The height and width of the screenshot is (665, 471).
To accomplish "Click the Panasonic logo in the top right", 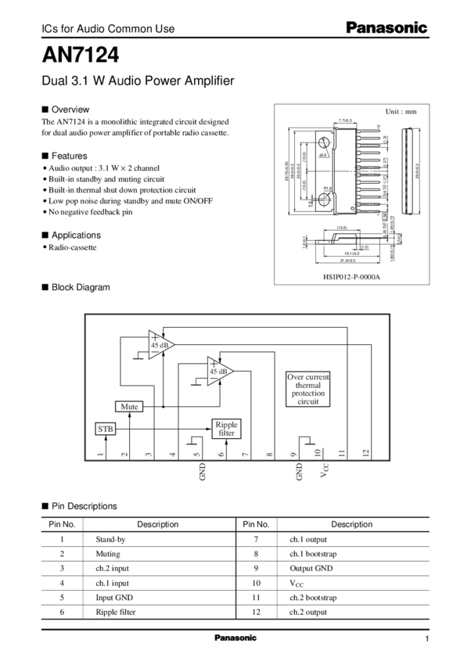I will click(x=387, y=28).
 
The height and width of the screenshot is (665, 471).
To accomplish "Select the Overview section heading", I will click(x=71, y=110).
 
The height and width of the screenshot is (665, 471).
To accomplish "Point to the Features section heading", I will click(x=70, y=156).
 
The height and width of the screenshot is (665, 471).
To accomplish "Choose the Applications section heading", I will click(x=76, y=234).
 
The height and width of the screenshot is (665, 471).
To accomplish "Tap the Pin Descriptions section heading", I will click(x=84, y=506).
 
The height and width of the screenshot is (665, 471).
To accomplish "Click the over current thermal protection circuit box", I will click(x=308, y=389).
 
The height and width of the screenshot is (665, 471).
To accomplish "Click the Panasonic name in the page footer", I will click(x=235, y=638).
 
